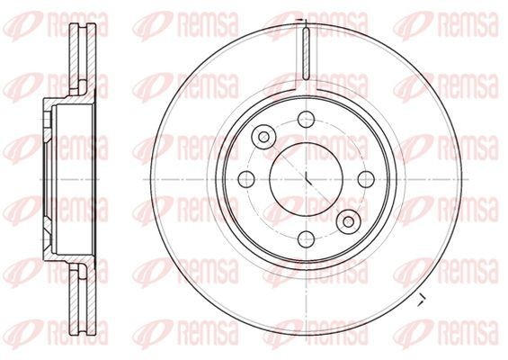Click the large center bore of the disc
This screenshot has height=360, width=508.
click(307, 179)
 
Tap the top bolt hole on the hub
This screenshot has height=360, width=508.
click(307, 120)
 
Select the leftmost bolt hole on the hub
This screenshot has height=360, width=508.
click(246, 179)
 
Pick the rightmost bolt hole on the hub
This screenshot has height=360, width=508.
click(366, 179)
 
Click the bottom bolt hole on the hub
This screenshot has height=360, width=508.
click(307, 239)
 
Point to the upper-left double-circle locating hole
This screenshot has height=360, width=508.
click(263, 137)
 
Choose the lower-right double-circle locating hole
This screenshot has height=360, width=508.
click(349, 221)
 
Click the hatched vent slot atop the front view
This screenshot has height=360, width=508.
click(307, 53)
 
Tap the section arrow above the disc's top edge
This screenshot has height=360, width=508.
click(301, 21)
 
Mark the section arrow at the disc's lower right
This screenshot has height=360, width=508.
click(422, 300)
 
